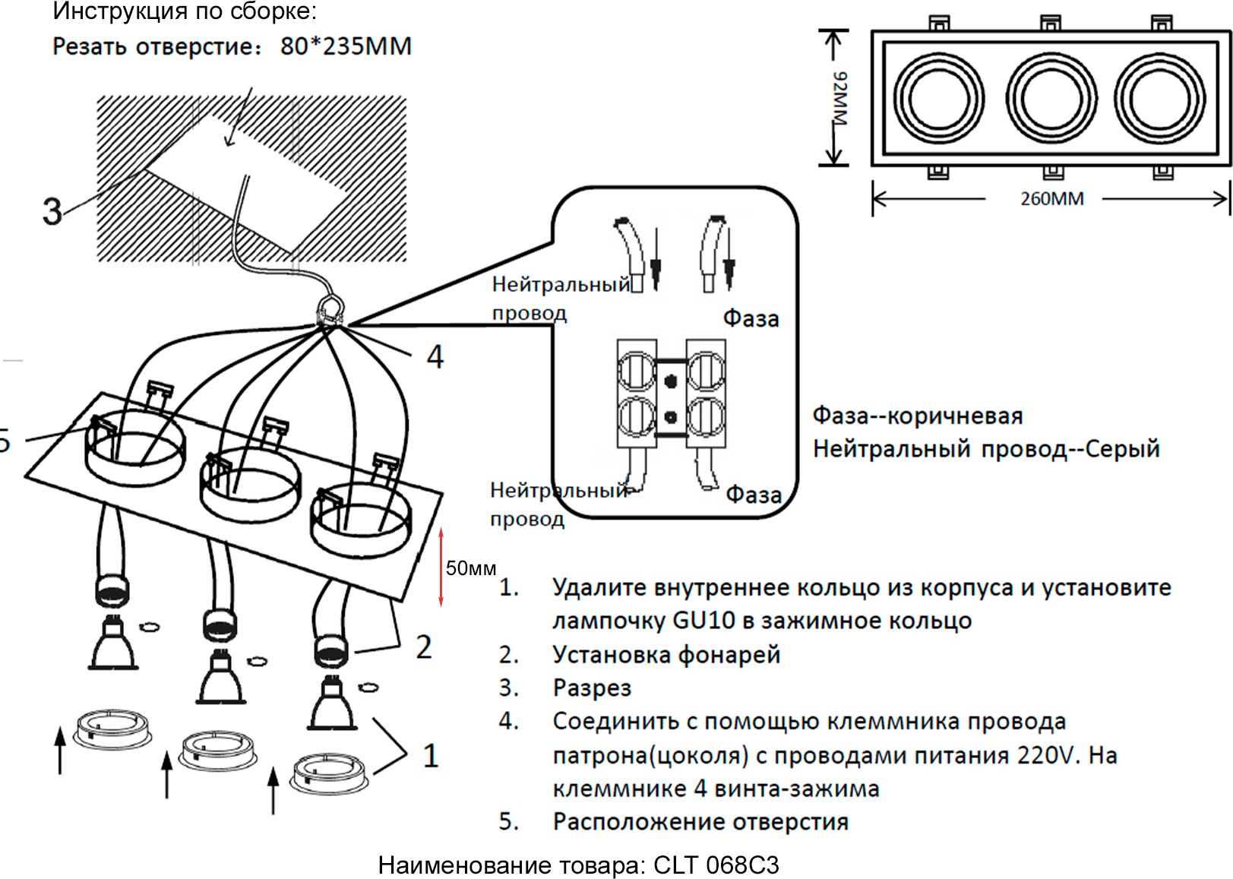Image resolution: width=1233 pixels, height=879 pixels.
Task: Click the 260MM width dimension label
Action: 1051,199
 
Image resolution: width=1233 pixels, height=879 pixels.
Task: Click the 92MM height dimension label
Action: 839,99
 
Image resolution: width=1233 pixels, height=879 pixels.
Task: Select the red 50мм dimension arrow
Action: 441,568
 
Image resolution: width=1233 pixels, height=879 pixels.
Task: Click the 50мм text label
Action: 471,568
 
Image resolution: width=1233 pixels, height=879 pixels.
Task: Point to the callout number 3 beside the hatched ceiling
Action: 52,211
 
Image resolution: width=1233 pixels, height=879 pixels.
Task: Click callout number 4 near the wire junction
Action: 435,356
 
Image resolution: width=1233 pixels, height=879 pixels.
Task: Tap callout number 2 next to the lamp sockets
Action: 423,647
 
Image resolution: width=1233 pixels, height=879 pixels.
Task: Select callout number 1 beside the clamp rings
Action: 430,756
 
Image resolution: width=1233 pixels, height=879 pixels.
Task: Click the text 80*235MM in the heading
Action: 346,46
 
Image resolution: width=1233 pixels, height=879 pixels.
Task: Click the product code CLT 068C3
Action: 716,865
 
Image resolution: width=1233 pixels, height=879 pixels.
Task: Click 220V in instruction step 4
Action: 1048,755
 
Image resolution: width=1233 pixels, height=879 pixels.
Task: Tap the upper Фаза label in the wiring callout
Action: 751,318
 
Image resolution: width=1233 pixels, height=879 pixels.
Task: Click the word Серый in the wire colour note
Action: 1122,448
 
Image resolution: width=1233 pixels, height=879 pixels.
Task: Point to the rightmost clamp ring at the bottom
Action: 330,773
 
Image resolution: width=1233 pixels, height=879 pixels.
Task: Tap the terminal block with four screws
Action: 671,393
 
